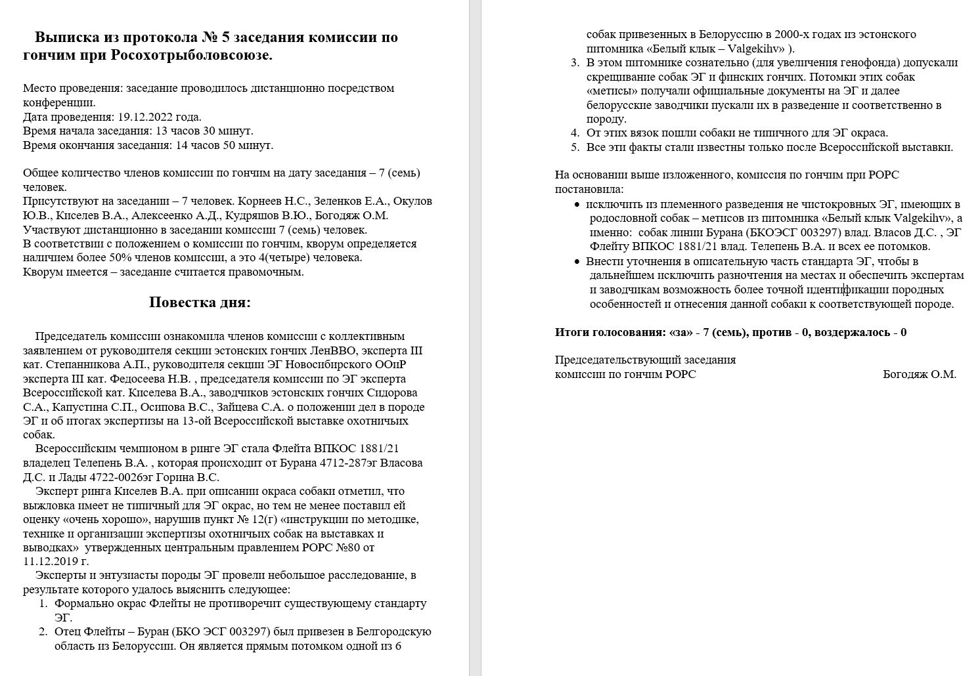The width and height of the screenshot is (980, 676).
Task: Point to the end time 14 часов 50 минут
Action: point(225,145)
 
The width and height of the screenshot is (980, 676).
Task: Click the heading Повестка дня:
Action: point(200,303)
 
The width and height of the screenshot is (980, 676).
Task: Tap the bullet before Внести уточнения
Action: point(577,262)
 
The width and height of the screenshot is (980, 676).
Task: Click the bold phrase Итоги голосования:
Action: point(610,332)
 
